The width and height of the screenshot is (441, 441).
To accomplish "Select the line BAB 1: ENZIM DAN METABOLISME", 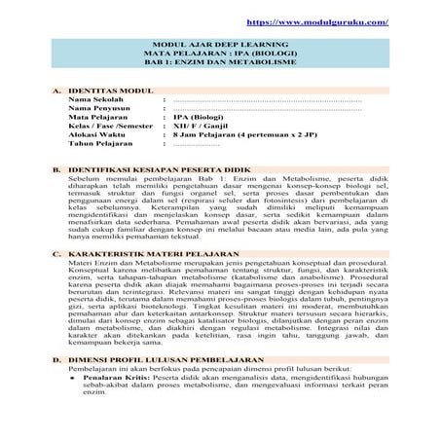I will (x=220, y=61).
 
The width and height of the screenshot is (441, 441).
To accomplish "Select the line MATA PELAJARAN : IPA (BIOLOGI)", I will (x=220, y=54).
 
